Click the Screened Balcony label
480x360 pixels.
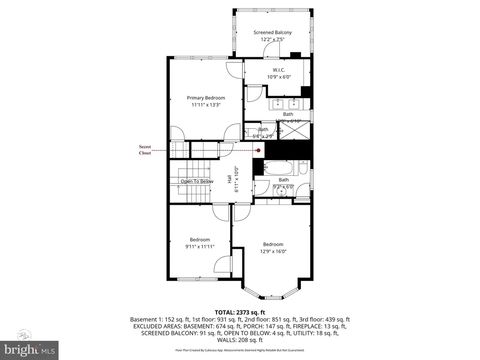point(272,32)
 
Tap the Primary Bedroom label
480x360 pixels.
point(206,98)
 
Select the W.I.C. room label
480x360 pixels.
point(279,70)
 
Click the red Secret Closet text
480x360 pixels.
point(145,150)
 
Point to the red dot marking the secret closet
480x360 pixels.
point(258,150)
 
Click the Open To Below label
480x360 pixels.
point(197,181)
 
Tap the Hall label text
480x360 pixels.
point(230,179)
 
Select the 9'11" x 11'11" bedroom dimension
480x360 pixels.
point(200,246)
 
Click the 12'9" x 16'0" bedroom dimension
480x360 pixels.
point(273,251)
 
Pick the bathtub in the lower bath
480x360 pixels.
point(280,167)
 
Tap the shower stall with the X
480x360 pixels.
point(295,130)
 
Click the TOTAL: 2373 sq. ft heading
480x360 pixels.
point(240,312)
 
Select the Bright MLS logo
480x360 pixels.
point(29,349)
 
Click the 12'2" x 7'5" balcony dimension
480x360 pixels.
point(272,39)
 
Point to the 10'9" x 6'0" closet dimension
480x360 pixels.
point(279,77)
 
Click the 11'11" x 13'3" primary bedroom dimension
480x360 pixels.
point(206,105)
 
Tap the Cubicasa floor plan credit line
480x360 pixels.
point(240,350)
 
